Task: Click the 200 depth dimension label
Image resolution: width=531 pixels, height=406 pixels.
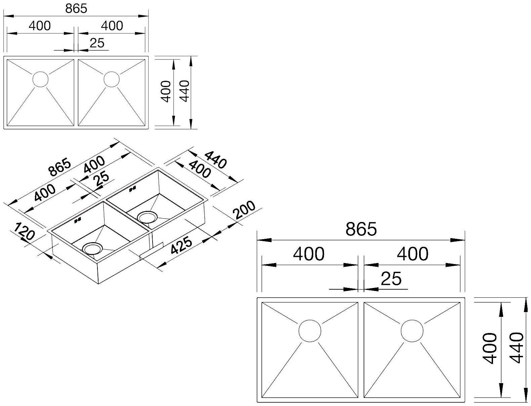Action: click(x=244, y=210)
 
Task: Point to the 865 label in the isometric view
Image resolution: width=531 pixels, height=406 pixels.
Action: click(x=60, y=168)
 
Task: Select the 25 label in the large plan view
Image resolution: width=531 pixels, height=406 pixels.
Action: click(x=392, y=279)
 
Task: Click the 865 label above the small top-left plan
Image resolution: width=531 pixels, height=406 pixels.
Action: click(x=76, y=8)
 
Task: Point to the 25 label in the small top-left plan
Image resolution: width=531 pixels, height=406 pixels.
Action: click(x=97, y=43)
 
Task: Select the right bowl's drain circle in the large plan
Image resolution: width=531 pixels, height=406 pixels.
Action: click(x=412, y=331)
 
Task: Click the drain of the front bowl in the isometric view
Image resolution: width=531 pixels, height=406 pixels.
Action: click(x=92, y=249)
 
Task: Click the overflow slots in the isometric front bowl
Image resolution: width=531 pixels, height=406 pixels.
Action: click(x=78, y=221)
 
